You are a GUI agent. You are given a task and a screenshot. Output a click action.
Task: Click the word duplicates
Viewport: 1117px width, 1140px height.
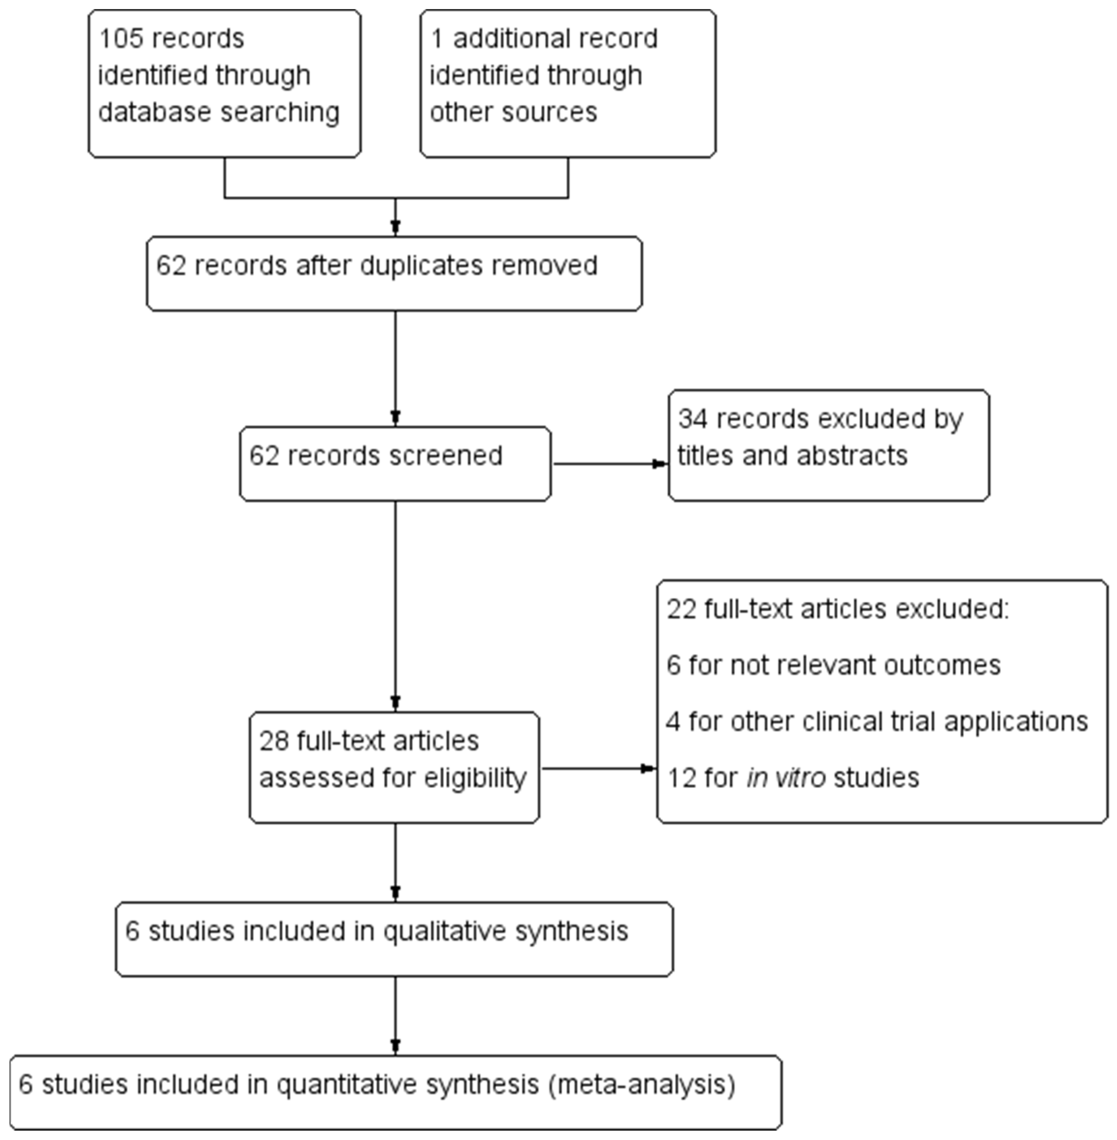[x=421, y=265]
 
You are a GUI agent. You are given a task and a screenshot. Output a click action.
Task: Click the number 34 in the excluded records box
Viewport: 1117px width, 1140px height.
[x=692, y=419]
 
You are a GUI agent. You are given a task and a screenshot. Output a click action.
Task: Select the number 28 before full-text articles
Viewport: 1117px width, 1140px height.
[x=274, y=741]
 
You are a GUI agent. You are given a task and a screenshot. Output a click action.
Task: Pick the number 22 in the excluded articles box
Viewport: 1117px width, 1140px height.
[x=681, y=609]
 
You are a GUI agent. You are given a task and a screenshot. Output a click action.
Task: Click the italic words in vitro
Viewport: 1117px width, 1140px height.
[x=786, y=778]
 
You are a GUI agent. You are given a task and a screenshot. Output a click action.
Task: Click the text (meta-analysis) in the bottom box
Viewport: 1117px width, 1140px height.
[x=641, y=1084]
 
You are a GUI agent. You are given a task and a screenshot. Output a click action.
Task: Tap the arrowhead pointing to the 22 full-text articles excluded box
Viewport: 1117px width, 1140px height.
[x=648, y=769]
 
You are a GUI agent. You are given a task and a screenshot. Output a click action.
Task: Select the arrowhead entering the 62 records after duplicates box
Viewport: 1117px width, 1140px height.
[x=395, y=227]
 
